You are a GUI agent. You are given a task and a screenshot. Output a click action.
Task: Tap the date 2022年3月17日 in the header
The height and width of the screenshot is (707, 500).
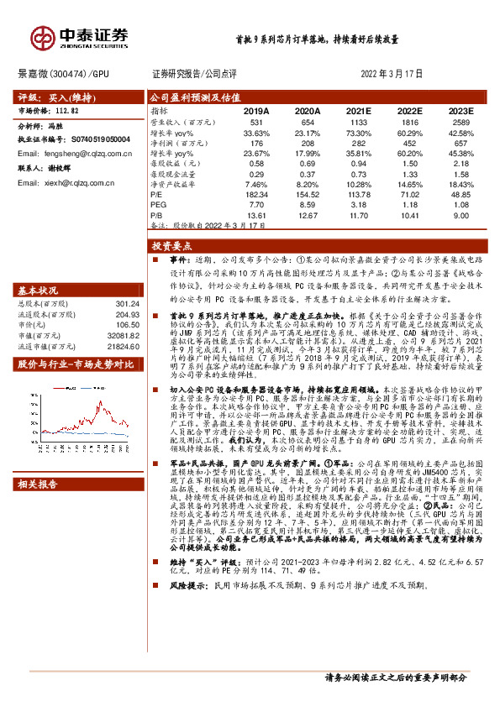(x=391, y=74)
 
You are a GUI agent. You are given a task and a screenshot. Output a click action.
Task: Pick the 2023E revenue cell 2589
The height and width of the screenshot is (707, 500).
(x=461, y=123)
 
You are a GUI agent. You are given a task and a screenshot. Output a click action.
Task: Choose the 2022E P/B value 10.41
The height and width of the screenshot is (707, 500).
(x=408, y=215)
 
